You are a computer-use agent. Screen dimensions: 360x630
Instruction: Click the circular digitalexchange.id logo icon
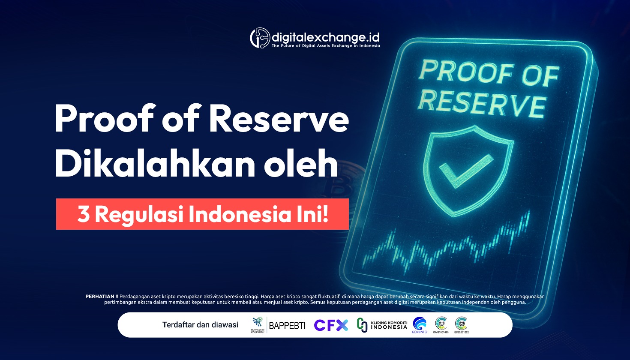click(260, 38)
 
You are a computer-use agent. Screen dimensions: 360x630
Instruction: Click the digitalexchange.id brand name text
click(326, 37)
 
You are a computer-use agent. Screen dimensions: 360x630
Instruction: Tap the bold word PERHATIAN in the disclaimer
click(102, 296)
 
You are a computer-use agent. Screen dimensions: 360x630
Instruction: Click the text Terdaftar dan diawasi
click(200, 325)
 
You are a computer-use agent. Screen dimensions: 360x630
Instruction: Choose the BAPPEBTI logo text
click(287, 326)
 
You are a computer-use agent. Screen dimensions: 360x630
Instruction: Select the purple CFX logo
click(331, 325)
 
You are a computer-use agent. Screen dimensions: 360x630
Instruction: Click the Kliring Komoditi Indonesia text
click(388, 325)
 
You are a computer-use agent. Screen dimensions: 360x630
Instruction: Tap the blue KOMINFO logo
click(420, 324)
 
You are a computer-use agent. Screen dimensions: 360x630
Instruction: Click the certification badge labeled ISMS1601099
click(441, 324)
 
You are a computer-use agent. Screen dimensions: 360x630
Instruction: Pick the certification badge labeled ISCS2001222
click(461, 324)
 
